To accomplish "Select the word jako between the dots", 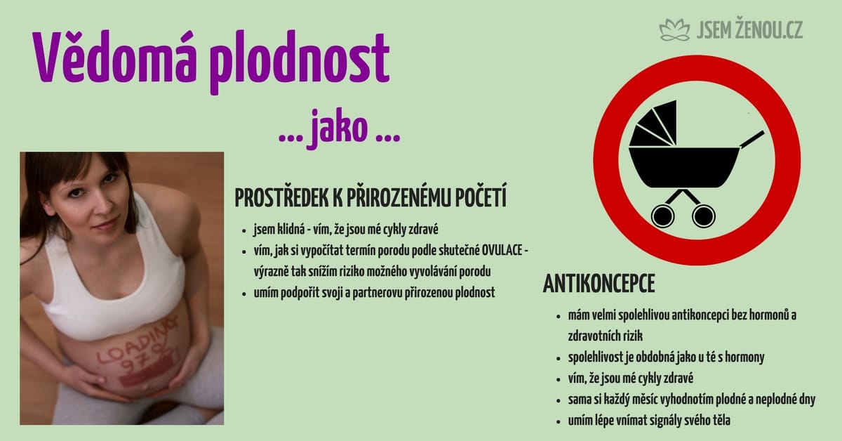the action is pos(339,129).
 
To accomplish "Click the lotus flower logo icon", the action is pos(675,30).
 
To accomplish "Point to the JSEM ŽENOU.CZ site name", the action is pos(749,29).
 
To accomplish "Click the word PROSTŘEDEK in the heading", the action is pos(281,197).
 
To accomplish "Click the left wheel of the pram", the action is pos(662,216).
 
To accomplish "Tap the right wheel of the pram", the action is pos(704,216).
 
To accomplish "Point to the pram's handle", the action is pos(751,139).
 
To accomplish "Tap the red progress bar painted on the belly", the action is pos(145,374).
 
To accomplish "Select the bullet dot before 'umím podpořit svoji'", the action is pos(244,294).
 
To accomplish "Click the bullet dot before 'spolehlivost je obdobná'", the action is pos(559,358).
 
